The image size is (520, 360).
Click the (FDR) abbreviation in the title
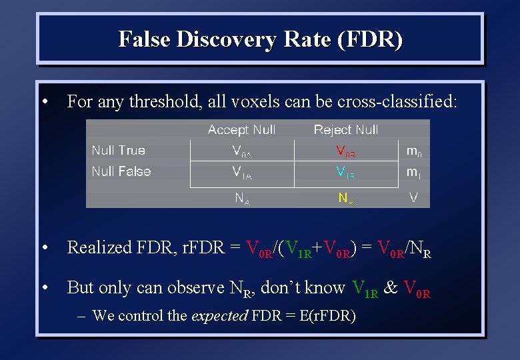[x=370, y=39]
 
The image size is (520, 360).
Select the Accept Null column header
[x=241, y=130]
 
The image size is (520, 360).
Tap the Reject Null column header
[x=346, y=130]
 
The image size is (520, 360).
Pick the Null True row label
[x=118, y=151]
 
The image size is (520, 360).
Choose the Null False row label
[x=121, y=171]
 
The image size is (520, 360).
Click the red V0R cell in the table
[x=345, y=152]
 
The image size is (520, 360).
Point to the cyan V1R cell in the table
[x=345, y=173]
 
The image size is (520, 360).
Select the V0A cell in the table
[x=241, y=152]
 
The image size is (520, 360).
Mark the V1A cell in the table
[x=241, y=173]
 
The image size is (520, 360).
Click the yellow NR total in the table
[x=345, y=198]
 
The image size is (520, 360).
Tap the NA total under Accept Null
[x=242, y=198]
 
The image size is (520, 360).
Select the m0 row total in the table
[x=414, y=152]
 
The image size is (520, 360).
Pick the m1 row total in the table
[x=414, y=173]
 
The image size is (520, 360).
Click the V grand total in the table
[x=413, y=197]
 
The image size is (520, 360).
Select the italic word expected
[x=219, y=315]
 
